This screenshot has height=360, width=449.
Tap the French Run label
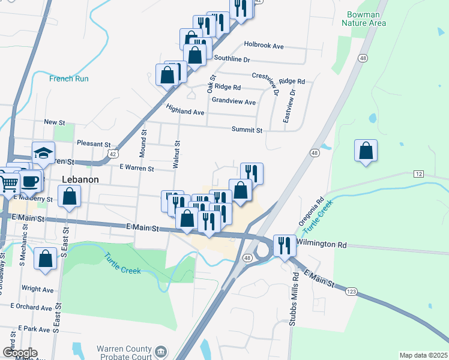click(x=69, y=79)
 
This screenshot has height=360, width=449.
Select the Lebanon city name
click(x=80, y=179)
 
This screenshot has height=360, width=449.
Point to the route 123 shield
click(x=352, y=290)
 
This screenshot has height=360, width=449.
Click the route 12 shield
click(x=419, y=173)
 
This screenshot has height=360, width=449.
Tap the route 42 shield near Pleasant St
click(x=112, y=154)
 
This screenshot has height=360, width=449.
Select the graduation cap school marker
click(x=43, y=153)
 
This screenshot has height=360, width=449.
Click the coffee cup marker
click(x=30, y=180)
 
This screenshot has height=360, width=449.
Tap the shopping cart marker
click(x=8, y=182)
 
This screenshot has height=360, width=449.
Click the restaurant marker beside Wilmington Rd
click(x=285, y=245)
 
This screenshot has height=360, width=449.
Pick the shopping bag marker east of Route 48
click(x=366, y=151)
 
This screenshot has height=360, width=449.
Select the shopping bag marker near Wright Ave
click(x=46, y=259)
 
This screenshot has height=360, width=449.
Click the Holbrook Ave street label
click(x=264, y=46)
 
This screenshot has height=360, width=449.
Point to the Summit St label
click(x=247, y=130)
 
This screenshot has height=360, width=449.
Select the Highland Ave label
click(x=185, y=112)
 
